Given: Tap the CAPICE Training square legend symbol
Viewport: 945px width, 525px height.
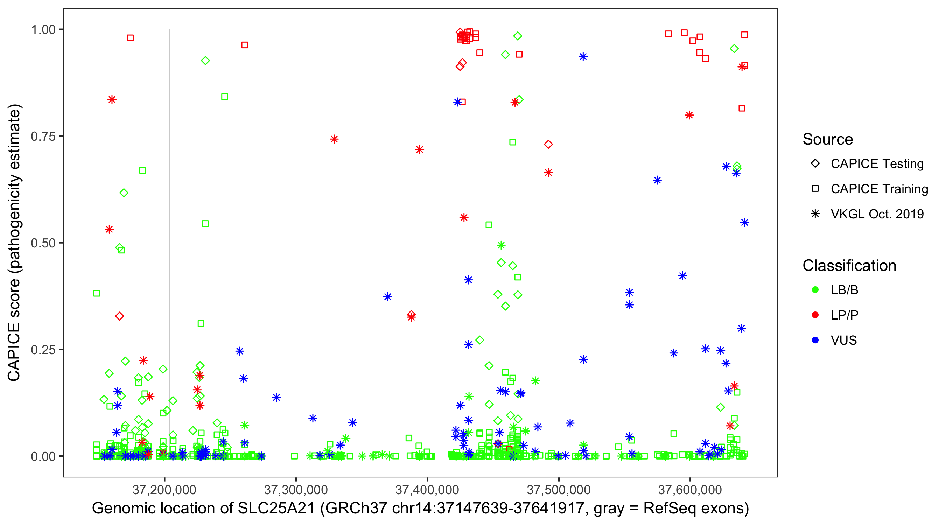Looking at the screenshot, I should pos(815,189).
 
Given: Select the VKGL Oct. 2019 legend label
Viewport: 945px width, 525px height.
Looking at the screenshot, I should pos(877,214).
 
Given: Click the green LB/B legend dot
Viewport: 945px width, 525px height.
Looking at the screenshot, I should pos(815,290).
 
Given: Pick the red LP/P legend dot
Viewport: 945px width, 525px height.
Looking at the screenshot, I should pos(815,315).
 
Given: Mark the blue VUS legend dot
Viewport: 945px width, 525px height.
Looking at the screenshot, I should pos(815,340).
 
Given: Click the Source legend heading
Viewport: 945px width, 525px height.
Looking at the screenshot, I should pos(828,139).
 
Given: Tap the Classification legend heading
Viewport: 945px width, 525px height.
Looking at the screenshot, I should pos(849,266).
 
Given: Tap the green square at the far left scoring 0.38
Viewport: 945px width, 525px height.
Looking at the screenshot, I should pos(97,293).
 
